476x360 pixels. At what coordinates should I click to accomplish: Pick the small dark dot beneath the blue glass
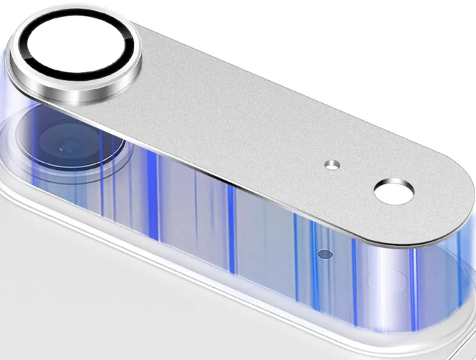pos(323,254)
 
